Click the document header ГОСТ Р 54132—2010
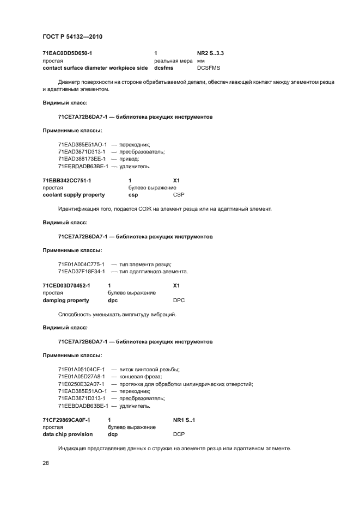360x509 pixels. point(72,36)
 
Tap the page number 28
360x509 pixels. point(45,463)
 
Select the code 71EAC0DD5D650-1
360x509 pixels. point(68,53)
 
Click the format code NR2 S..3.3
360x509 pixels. point(210,53)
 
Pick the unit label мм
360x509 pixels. point(200,60)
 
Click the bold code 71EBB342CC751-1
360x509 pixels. point(67,180)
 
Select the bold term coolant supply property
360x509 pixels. point(74,194)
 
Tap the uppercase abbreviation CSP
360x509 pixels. point(179,194)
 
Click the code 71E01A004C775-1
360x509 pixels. point(81,264)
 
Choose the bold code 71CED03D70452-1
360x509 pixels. point(66,285)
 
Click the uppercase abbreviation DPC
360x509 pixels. point(179,299)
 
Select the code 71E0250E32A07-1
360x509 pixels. point(81,384)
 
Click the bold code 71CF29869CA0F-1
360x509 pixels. point(66,420)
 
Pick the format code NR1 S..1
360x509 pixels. point(184,420)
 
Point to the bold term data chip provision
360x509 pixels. point(68,434)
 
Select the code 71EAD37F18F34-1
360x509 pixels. point(81,271)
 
